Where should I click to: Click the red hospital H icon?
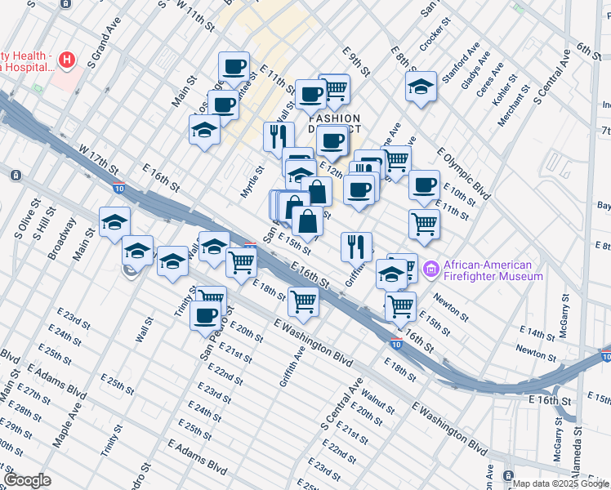pyautogui.click(x=67, y=60)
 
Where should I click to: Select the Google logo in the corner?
pyautogui.click(x=27, y=480)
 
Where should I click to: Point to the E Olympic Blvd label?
pyautogui.click(x=463, y=174)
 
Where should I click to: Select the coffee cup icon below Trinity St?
pyautogui.click(x=206, y=315)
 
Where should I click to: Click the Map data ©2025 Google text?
pyautogui.click(x=560, y=483)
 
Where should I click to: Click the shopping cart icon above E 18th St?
pyautogui.click(x=242, y=263)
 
